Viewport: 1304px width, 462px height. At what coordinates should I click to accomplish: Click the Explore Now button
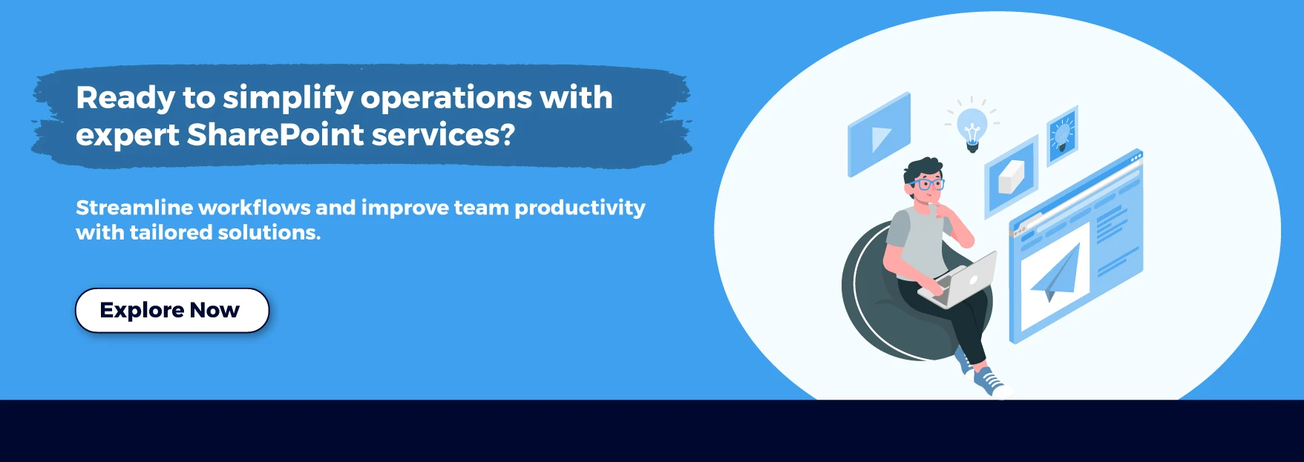[x=171, y=310]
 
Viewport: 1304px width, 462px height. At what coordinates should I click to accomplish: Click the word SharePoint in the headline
[x=275, y=135]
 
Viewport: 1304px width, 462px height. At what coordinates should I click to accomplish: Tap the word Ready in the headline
[x=125, y=98]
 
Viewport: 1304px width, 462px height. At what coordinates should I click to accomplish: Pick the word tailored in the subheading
[x=171, y=233]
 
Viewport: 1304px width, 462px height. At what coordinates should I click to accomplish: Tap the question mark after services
[x=507, y=135]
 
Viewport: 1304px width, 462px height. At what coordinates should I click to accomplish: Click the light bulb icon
[x=972, y=128]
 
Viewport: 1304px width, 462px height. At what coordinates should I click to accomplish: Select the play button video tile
[x=879, y=135]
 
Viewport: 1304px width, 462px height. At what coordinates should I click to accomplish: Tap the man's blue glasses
[x=927, y=184]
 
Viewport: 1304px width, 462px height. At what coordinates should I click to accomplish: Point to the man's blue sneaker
[x=990, y=382]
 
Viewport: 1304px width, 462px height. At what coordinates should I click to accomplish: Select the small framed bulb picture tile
[x=1062, y=135]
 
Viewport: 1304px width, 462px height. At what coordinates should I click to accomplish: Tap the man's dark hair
[x=923, y=168]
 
